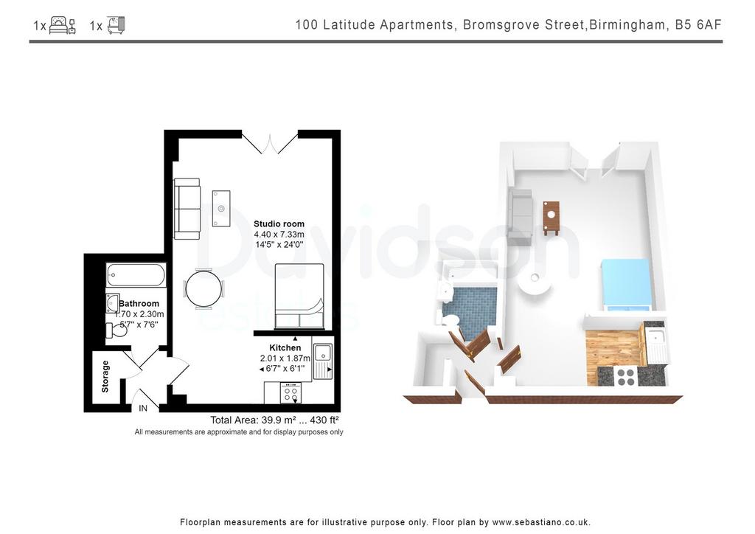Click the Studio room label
[x=279, y=224]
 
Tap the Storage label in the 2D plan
[x=105, y=377]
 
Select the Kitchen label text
[x=285, y=347]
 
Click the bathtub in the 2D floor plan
[x=136, y=275]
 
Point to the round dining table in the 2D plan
[x=204, y=289]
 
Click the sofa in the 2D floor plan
[x=187, y=209]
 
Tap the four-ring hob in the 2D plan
[x=290, y=393]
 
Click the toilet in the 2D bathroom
[x=116, y=330]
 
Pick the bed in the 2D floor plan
[x=299, y=296]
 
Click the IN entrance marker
[x=143, y=409]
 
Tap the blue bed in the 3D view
[x=625, y=285]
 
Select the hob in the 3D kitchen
[x=625, y=377]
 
